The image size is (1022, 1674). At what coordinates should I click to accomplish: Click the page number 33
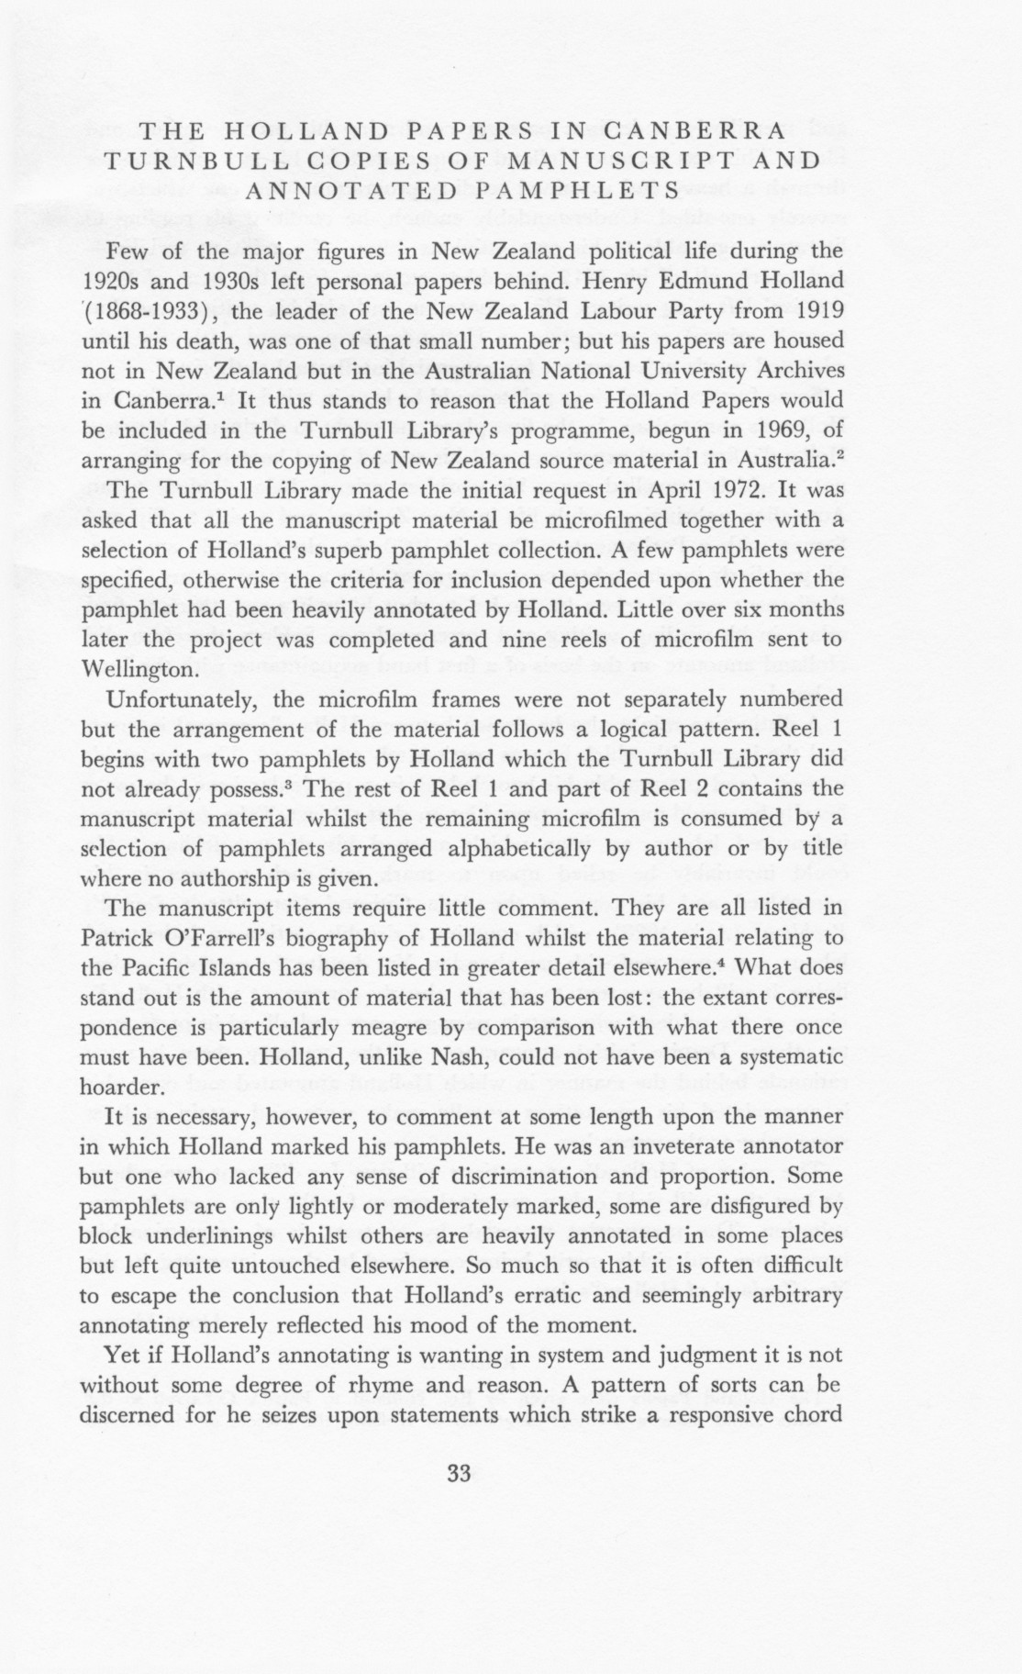click(459, 1474)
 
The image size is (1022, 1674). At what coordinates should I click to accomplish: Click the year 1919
click(813, 311)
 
